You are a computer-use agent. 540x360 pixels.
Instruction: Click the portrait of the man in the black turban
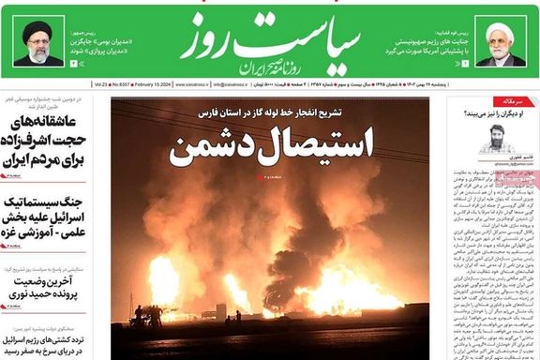(x=37, y=43)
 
